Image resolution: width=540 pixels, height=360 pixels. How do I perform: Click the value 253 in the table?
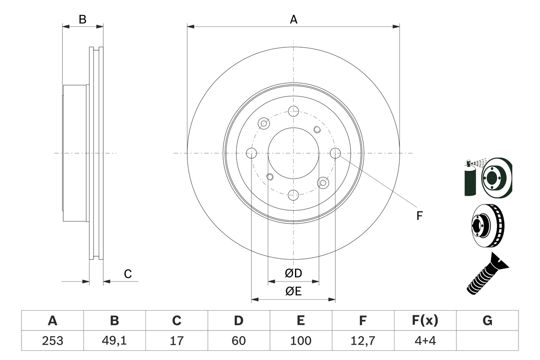[x=52, y=341]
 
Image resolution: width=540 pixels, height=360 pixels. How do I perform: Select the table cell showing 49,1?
[x=114, y=341]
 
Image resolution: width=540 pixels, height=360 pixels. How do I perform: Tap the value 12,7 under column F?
[x=362, y=341]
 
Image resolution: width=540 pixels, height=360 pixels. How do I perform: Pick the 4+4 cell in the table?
[x=424, y=341]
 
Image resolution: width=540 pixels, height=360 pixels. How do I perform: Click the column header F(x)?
[x=424, y=321]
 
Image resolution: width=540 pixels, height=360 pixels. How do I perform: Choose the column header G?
[x=487, y=321]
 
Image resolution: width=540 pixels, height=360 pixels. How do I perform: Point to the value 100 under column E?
[x=300, y=341]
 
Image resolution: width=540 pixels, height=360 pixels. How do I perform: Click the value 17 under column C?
[x=176, y=341]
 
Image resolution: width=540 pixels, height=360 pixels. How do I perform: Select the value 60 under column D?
[x=238, y=341]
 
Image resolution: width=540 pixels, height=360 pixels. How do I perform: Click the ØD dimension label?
[x=294, y=273]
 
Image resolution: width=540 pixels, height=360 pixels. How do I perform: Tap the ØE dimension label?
[x=294, y=292]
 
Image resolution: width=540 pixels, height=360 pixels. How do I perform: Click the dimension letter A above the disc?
[x=294, y=19]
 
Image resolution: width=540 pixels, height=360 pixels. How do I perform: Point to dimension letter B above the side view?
[x=83, y=19]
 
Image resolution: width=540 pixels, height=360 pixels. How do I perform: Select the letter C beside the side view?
[x=128, y=274]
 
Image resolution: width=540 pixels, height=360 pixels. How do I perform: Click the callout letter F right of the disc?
[x=419, y=216]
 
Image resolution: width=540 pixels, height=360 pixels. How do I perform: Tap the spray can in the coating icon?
[x=469, y=179]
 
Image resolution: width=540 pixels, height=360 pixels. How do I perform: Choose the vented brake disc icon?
[x=487, y=228]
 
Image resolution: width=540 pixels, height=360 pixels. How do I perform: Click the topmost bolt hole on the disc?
[x=293, y=111]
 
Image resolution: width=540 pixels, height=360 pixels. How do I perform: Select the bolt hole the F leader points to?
[x=335, y=153]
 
